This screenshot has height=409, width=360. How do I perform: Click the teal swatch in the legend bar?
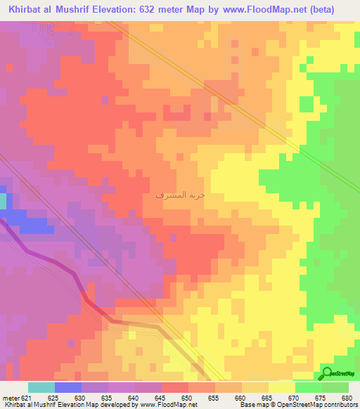(x=41, y=387)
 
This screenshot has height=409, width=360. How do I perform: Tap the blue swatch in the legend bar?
(x=68, y=387)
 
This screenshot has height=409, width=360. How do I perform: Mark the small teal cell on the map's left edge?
(x=2, y=201)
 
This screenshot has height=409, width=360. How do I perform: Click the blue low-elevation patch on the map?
(x=32, y=223)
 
